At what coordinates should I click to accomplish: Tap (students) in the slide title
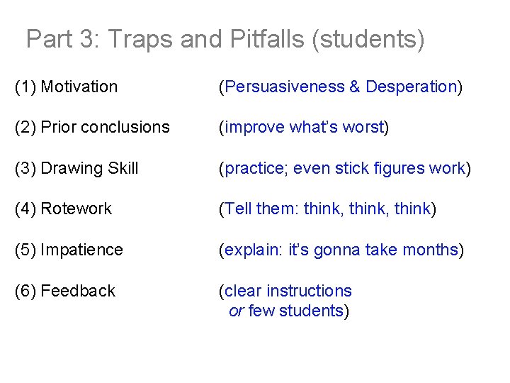tap(368, 39)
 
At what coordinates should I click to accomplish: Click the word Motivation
tap(79, 87)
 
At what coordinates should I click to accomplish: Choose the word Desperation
tap(411, 87)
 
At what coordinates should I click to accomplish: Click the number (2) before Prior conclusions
tap(25, 128)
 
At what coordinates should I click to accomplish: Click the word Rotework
tap(76, 209)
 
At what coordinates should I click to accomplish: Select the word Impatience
tap(81, 250)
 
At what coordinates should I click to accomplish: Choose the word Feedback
tap(78, 291)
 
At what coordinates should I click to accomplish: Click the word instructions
tap(308, 291)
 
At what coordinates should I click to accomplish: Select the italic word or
tap(236, 311)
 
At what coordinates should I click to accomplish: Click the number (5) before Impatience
tap(25, 250)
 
